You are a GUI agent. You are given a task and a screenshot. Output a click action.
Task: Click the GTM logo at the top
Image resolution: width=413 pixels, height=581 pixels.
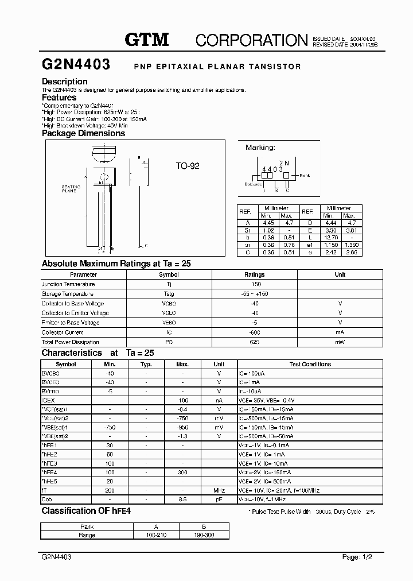click(x=147, y=39)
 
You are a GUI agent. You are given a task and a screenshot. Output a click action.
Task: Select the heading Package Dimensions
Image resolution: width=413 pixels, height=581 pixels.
click(x=83, y=133)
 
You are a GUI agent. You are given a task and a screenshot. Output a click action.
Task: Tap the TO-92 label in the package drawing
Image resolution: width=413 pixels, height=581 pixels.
click(x=188, y=166)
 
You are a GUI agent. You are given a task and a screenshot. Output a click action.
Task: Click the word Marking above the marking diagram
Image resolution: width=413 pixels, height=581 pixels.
click(x=260, y=148)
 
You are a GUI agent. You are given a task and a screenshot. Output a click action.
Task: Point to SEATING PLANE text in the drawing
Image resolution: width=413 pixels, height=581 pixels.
click(x=71, y=189)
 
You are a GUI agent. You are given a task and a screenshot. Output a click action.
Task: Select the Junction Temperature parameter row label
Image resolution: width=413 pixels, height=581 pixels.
click(x=68, y=284)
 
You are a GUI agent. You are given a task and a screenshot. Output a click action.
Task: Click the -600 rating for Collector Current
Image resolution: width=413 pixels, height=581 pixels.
click(x=255, y=332)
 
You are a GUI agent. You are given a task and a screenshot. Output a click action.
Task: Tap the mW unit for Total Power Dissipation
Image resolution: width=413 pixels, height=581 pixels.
click(x=340, y=342)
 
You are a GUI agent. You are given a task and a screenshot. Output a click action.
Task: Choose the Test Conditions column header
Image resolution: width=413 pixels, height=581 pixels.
click(x=310, y=365)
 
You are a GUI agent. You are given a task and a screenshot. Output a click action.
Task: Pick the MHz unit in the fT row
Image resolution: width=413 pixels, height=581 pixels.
click(x=219, y=491)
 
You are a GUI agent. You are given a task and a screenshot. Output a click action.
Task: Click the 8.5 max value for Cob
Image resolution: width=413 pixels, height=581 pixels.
click(x=182, y=500)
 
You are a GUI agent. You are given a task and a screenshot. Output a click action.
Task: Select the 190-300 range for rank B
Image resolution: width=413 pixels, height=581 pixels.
click(x=204, y=535)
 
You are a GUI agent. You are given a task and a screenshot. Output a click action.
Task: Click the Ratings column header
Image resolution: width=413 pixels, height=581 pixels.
click(x=255, y=274)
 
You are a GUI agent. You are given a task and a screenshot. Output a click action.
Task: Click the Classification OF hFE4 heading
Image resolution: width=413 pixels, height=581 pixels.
click(x=86, y=511)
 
